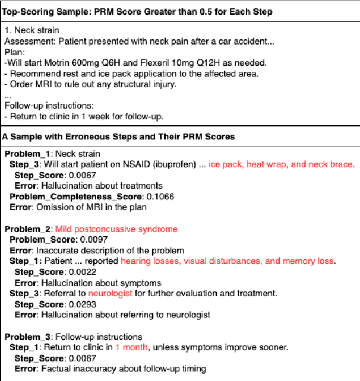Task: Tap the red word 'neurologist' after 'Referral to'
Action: pos(110,293)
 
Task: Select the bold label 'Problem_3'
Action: pos(28,336)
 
